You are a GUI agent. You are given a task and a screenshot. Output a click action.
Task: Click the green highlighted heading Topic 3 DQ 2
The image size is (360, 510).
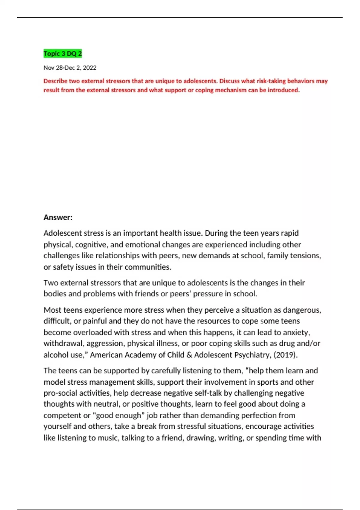tap(62, 54)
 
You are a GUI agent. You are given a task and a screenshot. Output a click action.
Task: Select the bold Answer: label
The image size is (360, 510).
tap(58, 217)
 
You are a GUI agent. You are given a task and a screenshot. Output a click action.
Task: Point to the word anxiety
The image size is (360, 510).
tap(297, 332)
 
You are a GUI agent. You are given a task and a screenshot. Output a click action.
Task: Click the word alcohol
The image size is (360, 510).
tap(54, 355)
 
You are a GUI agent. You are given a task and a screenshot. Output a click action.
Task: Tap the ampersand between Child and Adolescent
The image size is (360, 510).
tap(189, 355)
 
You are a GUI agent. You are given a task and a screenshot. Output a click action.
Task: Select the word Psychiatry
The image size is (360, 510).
tap(253, 355)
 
